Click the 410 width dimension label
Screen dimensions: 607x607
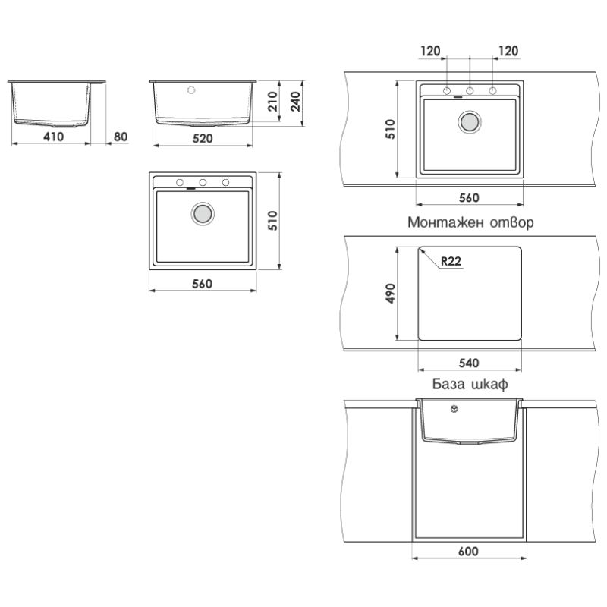point(54,137)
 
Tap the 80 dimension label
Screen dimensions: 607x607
point(121,137)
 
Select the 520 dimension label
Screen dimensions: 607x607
point(203,138)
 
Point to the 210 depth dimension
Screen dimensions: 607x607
point(273,102)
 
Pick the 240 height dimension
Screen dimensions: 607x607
point(295,102)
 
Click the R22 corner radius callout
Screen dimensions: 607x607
point(451,261)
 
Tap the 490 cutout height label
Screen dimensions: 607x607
point(390,294)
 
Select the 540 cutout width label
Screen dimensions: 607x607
point(469,363)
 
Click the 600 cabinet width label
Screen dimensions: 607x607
point(468,551)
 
